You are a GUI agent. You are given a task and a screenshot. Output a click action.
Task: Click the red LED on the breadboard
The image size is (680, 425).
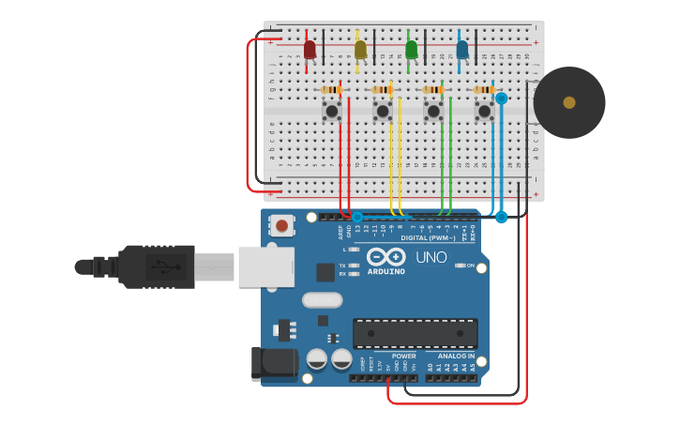(310, 50)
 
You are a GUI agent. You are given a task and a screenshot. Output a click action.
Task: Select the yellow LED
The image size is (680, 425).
(360, 50)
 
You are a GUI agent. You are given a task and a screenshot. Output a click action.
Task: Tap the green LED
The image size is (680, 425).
(411, 50)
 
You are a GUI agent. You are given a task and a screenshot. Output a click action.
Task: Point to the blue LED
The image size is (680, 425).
(461, 50)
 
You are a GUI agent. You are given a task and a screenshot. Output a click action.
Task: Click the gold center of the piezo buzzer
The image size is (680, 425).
(569, 102)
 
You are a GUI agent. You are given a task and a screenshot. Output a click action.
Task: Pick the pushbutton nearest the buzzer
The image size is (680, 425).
(484, 112)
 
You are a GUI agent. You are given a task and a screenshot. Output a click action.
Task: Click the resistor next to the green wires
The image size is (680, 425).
(432, 90)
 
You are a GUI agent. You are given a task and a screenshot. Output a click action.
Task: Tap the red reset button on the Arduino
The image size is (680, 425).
(281, 225)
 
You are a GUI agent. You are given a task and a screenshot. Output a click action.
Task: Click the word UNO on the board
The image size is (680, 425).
(431, 257)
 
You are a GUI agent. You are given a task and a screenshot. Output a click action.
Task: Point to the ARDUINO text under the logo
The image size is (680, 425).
(386, 272)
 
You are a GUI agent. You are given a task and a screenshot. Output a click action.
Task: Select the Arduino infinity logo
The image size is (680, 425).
(386, 256)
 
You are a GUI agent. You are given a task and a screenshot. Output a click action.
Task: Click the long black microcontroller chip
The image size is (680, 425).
(415, 333)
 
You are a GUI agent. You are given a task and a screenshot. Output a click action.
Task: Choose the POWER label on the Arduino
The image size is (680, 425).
(403, 357)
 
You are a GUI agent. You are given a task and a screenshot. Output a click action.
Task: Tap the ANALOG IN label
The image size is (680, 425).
(456, 357)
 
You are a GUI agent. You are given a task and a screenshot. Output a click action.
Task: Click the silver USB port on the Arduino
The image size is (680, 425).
(265, 266)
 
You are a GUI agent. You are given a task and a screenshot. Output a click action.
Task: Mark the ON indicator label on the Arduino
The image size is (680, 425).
(471, 266)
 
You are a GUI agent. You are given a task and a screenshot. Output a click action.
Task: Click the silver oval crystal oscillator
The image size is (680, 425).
(323, 300)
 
